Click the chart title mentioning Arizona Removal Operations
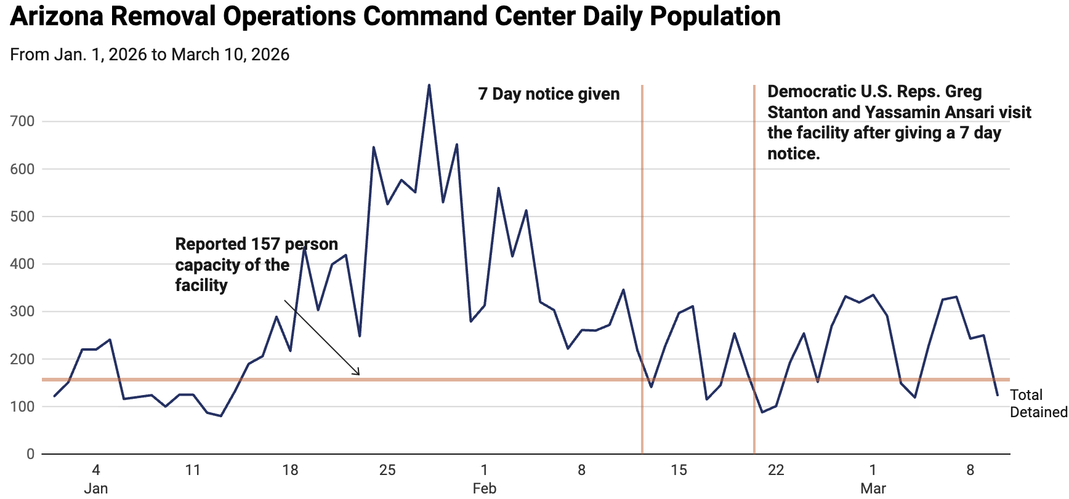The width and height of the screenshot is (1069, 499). tap(395, 16)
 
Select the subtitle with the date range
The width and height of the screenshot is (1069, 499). tap(150, 55)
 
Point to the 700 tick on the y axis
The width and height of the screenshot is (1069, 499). tap(22, 121)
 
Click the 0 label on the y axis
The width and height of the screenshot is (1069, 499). tap(30, 454)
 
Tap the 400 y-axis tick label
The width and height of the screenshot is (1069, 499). tap(22, 264)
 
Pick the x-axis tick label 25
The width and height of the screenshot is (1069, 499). tap(387, 471)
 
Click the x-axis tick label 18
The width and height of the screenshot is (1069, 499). tap(290, 471)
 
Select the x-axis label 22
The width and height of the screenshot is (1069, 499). tap(776, 471)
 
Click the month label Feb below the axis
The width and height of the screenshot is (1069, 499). tap(485, 489)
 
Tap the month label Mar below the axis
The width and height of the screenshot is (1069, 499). tap(873, 489)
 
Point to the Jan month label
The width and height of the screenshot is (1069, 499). tap(95, 489)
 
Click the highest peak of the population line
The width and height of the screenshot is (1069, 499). tap(429, 85)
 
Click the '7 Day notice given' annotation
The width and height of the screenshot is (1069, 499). tap(549, 94)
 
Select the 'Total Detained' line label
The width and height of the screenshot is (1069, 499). tap(1038, 404)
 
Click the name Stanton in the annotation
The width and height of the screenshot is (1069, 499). tap(797, 113)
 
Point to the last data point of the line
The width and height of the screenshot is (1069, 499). tap(998, 395)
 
